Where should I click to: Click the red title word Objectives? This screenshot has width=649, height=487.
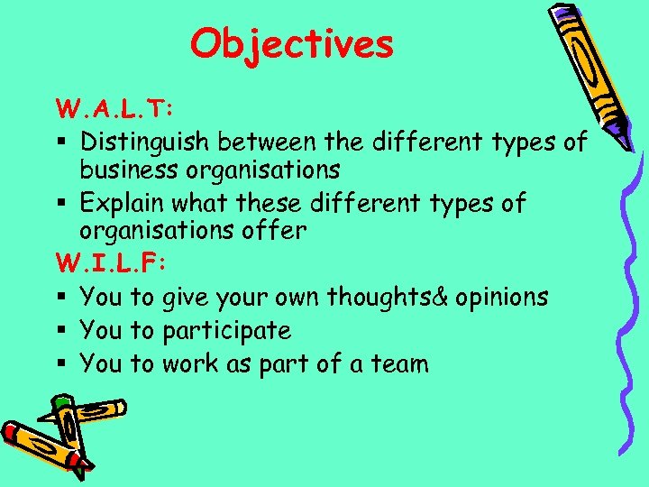(x=292, y=42)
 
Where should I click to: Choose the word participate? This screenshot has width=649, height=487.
(x=226, y=331)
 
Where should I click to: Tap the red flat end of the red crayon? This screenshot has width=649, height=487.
(x=9, y=431)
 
